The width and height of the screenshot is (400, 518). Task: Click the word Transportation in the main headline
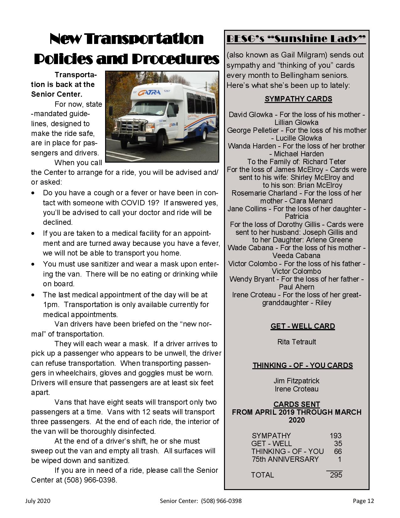coord(145,39)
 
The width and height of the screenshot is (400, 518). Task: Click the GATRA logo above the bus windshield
coord(149,92)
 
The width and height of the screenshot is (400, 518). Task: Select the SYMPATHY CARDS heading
coord(298,99)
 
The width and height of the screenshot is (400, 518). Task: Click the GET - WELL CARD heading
coord(303,326)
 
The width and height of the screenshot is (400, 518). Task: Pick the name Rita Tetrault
coord(296,342)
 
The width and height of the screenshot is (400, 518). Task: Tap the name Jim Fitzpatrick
coord(296,381)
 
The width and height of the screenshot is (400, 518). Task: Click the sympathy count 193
coord(335,435)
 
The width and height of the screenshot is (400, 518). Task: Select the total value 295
coord(336,475)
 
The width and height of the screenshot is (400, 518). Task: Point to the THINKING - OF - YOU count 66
coord(338,451)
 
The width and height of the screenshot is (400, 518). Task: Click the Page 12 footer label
coord(363,501)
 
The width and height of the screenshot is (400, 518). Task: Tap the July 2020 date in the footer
coord(38,501)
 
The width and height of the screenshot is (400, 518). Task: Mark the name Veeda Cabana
coord(296,256)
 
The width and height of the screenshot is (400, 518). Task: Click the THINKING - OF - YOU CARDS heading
coord(303,365)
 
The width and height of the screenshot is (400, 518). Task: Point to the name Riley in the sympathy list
coord(323,303)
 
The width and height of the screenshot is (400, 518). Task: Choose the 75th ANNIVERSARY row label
coord(285,459)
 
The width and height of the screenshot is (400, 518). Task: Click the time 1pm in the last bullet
coord(49,305)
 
